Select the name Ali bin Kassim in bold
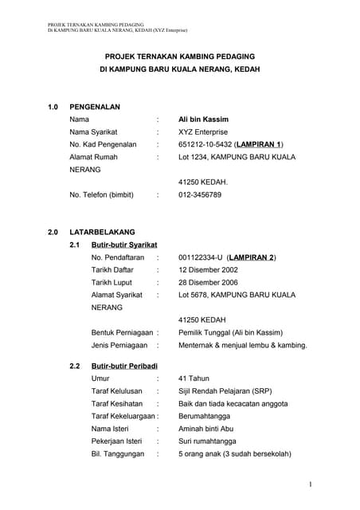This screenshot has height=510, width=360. [x=205, y=119]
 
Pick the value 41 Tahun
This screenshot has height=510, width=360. [x=194, y=378]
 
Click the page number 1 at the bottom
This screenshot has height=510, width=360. [x=309, y=484]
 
